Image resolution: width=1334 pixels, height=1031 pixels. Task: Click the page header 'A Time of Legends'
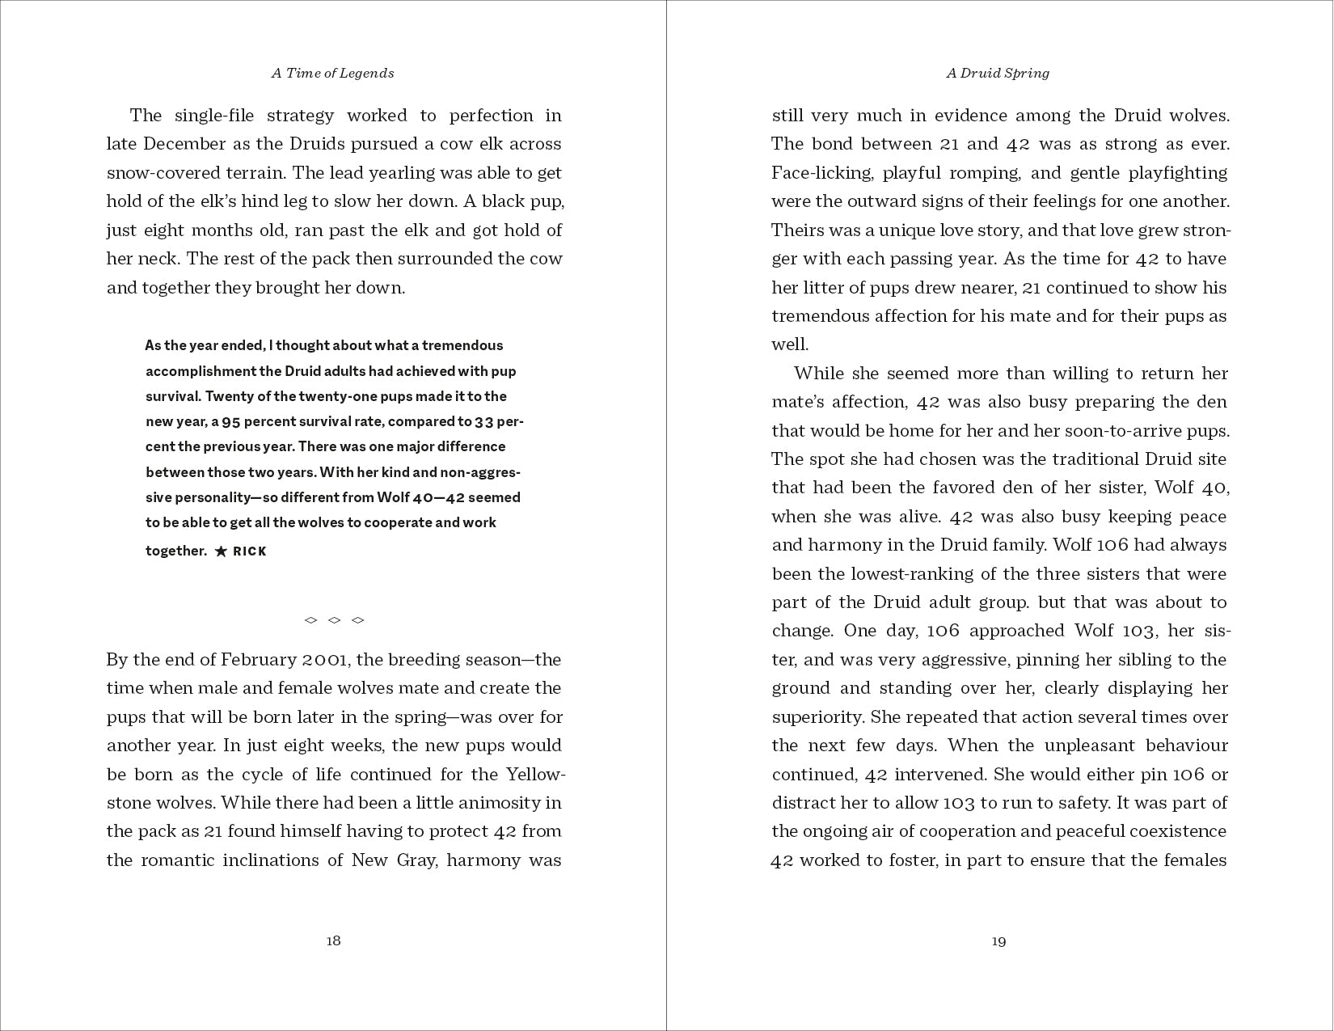pos(332,73)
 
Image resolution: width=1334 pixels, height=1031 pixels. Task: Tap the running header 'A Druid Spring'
pos(998,73)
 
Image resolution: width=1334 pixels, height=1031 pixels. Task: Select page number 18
pos(333,940)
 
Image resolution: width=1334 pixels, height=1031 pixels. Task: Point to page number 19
pos(998,940)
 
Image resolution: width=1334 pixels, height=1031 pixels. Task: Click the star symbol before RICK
pos(221,551)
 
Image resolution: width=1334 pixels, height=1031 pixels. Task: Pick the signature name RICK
pos(250,551)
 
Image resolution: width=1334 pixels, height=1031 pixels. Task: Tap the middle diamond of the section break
pos(334,620)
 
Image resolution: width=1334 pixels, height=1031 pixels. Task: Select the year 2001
pos(324,660)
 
